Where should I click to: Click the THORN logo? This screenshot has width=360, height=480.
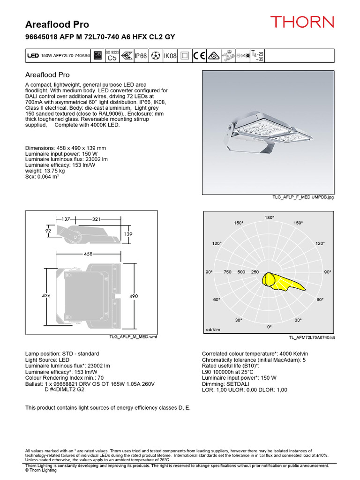(302, 22)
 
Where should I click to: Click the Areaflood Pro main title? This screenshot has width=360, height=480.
(57, 24)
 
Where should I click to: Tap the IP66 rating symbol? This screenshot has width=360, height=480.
(141, 56)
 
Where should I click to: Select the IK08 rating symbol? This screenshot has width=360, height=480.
(169, 56)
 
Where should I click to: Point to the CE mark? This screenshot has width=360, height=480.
(199, 56)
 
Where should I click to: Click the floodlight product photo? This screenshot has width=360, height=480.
(268, 132)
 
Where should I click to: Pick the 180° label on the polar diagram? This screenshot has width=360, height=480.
(269, 218)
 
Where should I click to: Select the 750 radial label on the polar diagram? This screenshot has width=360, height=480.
(228, 272)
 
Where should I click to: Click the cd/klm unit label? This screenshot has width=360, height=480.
(213, 330)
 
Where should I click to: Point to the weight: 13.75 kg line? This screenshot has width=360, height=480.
(46, 172)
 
